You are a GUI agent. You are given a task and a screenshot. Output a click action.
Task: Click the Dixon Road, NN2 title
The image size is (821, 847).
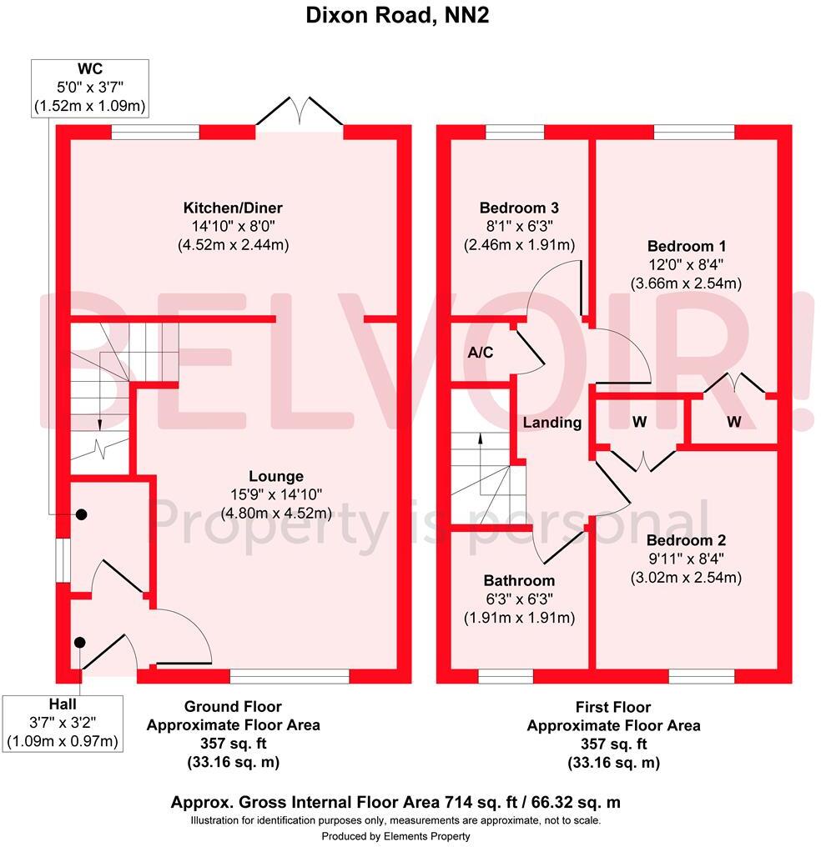[x=397, y=15]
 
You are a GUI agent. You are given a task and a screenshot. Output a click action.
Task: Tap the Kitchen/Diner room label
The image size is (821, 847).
[x=233, y=208]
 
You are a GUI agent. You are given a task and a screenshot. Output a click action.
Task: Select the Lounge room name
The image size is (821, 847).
[x=276, y=477]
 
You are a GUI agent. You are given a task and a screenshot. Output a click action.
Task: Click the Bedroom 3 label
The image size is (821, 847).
[x=519, y=208]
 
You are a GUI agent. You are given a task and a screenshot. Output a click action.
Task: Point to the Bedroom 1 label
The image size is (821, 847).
[x=687, y=246]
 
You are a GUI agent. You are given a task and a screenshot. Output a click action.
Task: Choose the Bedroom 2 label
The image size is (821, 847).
[x=686, y=540]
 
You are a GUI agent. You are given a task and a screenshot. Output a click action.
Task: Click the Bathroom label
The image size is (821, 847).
[x=519, y=581]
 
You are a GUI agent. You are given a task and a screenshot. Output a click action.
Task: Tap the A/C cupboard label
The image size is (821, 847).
[x=481, y=353]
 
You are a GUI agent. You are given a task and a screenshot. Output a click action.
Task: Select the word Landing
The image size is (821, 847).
[x=552, y=423]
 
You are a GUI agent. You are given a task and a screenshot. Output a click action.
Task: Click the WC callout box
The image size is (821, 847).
[x=90, y=88]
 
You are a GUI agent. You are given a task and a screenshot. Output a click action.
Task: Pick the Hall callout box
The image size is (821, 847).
[x=63, y=724]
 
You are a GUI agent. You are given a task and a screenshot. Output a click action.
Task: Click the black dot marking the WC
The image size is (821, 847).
[x=81, y=515]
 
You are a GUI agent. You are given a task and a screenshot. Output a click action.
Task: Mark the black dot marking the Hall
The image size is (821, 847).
[x=80, y=643]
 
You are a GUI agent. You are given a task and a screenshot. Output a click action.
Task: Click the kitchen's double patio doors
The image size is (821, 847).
[x=299, y=112]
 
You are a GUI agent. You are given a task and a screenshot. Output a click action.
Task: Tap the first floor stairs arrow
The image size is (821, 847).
[x=481, y=463]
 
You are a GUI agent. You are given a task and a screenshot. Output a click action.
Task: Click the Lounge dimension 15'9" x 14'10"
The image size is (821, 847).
[x=276, y=495]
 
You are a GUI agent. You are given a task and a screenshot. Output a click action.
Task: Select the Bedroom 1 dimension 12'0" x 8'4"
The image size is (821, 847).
[x=687, y=265]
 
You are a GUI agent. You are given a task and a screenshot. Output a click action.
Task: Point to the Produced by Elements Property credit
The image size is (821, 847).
[x=396, y=837]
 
